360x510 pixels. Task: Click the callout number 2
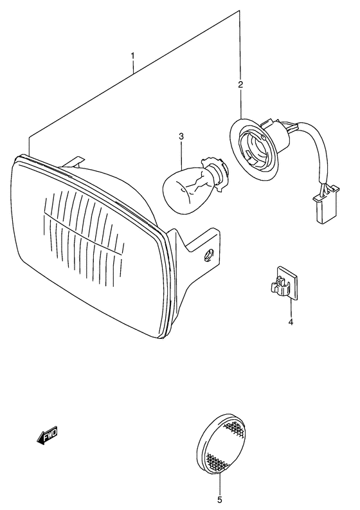tap(240, 84)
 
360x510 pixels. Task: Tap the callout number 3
tap(181, 136)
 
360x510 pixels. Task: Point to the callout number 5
tap(220, 499)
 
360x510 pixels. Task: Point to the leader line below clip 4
tap(290, 307)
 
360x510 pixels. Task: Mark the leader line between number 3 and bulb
tap(182, 154)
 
